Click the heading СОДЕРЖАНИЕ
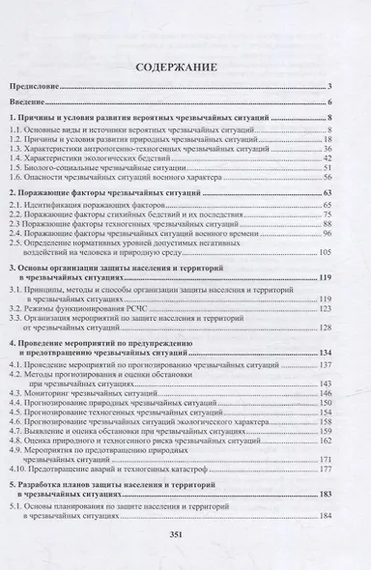[185, 69]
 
